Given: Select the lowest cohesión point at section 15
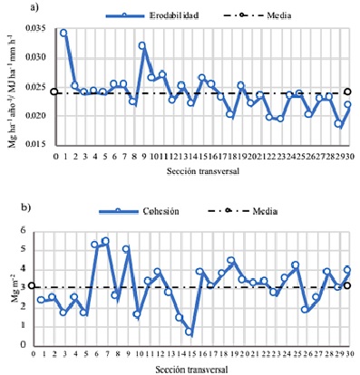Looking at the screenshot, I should pos(190,332).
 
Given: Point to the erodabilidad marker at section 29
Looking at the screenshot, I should pos(338,124).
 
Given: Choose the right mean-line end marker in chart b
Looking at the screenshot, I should pos(348,286).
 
